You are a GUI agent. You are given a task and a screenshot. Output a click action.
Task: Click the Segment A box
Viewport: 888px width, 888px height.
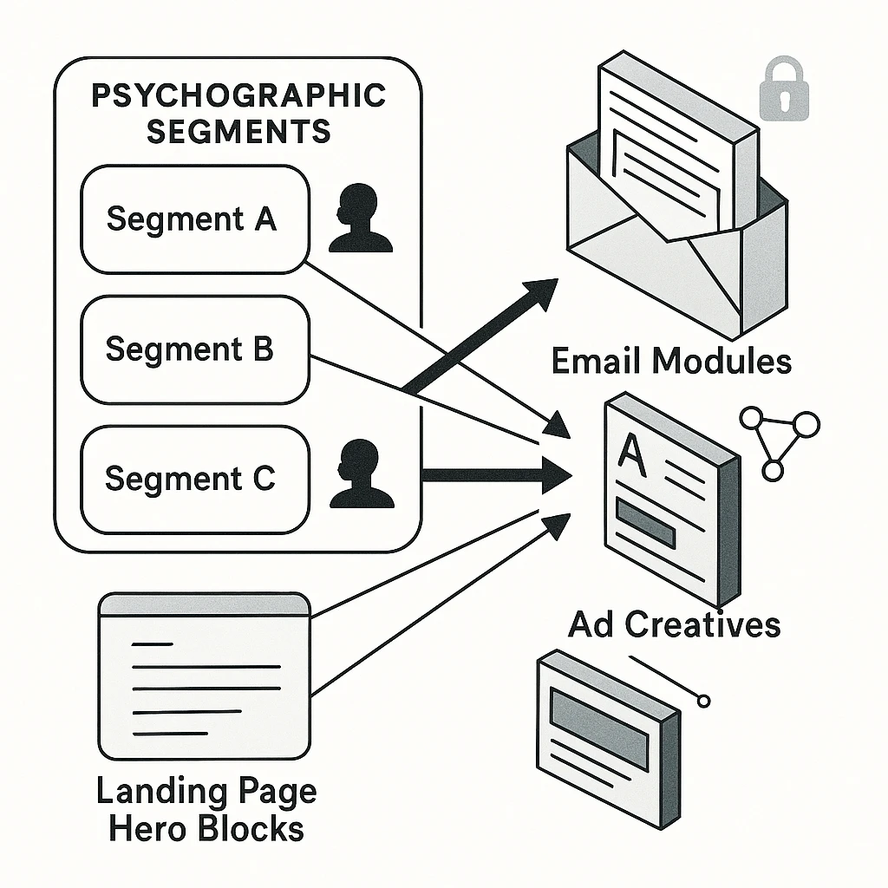pos(194,219)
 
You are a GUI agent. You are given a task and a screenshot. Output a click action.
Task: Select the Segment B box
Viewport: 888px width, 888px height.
pos(194,349)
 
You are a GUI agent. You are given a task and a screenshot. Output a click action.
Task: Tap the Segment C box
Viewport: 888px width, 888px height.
pos(194,479)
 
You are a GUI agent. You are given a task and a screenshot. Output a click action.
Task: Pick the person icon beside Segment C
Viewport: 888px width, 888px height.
pos(362,474)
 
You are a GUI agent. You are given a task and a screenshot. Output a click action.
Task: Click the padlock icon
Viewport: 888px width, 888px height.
pos(783,90)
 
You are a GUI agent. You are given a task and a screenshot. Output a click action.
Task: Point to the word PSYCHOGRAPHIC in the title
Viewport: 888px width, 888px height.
pos(238,95)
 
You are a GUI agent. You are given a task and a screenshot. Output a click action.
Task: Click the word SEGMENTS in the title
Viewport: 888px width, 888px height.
pos(238,131)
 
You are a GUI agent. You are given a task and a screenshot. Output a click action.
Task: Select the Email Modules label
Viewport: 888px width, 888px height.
pos(671,361)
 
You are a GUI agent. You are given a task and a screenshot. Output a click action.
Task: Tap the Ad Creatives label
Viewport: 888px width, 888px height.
pos(674,624)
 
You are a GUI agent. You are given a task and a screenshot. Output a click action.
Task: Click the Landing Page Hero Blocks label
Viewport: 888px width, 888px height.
pos(206,810)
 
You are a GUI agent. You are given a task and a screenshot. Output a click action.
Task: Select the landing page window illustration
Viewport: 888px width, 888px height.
pos(205,676)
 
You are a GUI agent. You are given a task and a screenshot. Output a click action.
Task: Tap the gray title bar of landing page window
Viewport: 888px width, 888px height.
pos(205,604)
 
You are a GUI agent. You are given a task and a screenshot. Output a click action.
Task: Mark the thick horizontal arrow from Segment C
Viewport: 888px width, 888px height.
pos(494,474)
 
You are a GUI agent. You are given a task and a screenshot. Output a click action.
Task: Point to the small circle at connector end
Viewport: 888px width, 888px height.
pos(703,700)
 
